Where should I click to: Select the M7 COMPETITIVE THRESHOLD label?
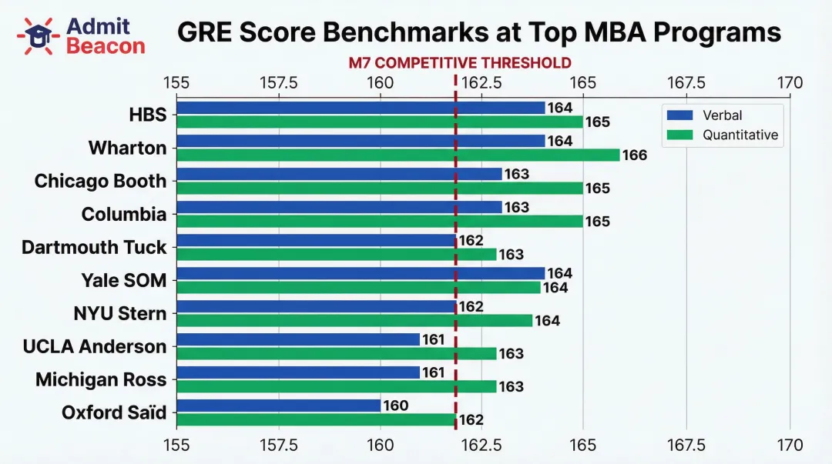pos(459,63)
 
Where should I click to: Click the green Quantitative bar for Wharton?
pos(398,155)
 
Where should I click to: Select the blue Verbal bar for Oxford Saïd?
pos(279,406)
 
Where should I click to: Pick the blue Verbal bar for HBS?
pos(361,108)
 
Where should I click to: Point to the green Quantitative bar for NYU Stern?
pos(354,320)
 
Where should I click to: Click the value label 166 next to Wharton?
pos(635,155)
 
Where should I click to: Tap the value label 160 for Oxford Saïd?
pos(396,406)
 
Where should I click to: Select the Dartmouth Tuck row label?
pos(94,247)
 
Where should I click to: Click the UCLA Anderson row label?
pos(94,346)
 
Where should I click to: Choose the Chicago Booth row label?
pos(100,181)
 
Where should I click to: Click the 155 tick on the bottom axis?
pos(176,445)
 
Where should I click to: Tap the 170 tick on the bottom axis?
pos(790,445)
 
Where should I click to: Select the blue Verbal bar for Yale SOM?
pos(361,273)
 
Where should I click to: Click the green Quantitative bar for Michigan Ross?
pos(337,386)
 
